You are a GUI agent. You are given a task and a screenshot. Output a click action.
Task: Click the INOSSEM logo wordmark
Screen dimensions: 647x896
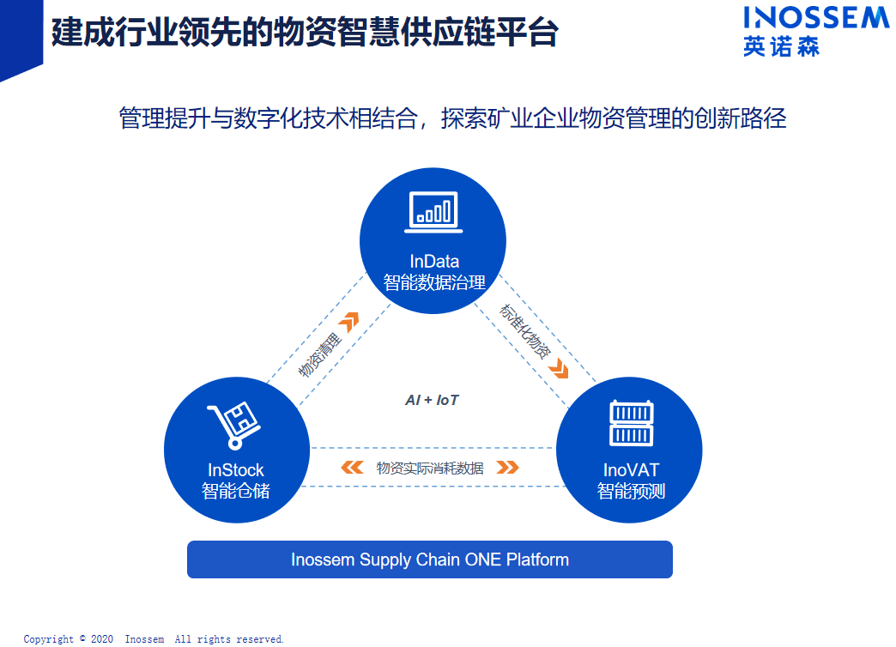pos(816,18)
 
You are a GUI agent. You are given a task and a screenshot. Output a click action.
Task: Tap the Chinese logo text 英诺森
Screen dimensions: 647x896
pos(781,46)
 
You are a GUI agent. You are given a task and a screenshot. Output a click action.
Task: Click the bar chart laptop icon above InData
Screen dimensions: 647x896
pos(433,212)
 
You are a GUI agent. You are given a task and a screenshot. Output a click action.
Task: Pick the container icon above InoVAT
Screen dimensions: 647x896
pos(632,423)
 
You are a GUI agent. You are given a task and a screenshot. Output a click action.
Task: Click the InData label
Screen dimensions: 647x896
pos(434,261)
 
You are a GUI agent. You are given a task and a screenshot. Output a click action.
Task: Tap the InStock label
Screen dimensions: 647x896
pos(236,470)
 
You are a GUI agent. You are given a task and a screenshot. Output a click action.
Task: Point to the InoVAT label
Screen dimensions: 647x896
pos(631,470)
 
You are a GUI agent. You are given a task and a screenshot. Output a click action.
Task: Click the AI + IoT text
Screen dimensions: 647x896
pos(433,400)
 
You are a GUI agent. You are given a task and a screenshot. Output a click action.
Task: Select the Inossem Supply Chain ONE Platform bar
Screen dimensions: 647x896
pos(430,560)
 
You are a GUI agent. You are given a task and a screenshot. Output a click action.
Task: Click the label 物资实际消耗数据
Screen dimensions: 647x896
pos(430,468)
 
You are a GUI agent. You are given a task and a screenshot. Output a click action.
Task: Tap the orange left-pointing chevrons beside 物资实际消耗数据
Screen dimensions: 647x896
pos(352,468)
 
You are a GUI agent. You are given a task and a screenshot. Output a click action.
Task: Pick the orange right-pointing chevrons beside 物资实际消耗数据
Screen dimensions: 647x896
pos(507,468)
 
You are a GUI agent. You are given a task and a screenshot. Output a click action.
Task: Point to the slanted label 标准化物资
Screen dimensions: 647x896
pos(525,331)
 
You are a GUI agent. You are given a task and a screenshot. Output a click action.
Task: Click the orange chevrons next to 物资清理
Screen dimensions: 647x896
pos(348,323)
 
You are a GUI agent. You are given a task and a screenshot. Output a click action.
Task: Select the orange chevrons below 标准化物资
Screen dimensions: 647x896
pos(560,370)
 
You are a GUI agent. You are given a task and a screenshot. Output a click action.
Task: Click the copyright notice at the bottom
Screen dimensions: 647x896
pos(154,639)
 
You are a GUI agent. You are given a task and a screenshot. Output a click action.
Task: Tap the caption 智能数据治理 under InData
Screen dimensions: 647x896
pos(434,282)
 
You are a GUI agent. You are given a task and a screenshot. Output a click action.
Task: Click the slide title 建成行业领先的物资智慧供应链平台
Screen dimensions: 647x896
pos(305,33)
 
